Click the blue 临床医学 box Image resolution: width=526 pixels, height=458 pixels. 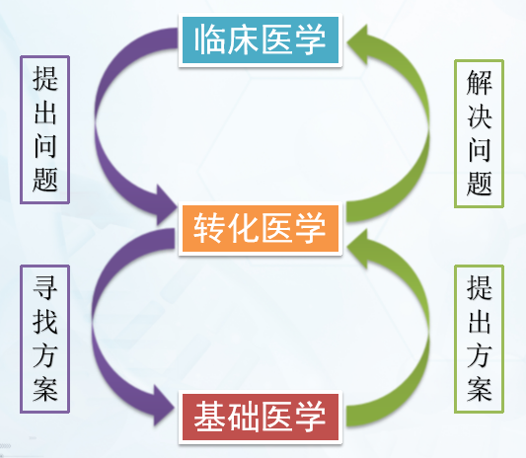(x=261, y=39)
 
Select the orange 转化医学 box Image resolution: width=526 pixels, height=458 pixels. (x=261, y=228)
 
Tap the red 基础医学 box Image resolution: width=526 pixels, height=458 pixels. (x=261, y=418)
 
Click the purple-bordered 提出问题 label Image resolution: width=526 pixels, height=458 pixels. (x=45, y=130)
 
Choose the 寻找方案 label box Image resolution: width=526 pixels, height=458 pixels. (x=45, y=339)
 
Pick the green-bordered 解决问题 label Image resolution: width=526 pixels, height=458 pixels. (x=479, y=133)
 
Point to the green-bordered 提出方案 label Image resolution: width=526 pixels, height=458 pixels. (x=479, y=339)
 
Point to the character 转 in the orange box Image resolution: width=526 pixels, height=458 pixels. (x=209, y=228)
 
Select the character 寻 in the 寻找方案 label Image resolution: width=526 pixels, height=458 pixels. (x=45, y=287)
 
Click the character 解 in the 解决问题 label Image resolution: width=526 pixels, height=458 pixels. (x=479, y=82)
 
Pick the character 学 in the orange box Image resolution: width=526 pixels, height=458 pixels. (x=310, y=228)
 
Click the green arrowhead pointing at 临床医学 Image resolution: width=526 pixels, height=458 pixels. (x=358, y=43)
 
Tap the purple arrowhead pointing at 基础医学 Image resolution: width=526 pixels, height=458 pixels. (x=164, y=407)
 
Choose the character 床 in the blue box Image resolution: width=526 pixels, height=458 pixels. (x=243, y=39)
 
